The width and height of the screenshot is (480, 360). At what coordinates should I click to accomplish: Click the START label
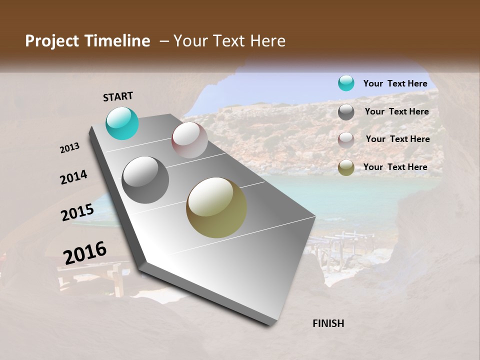[x=118, y=96]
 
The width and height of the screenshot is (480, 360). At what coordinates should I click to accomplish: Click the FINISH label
[x=328, y=323]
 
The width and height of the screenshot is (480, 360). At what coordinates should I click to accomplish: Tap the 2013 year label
[x=69, y=147]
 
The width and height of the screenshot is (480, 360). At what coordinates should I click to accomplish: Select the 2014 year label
[x=73, y=177]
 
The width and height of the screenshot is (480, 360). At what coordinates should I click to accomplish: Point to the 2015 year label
[x=77, y=212]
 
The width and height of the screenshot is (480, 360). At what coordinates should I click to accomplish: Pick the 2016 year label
[x=85, y=253]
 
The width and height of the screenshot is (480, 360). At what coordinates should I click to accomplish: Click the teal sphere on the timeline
[x=122, y=123]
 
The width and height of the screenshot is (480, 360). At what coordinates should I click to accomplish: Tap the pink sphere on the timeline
[x=189, y=139]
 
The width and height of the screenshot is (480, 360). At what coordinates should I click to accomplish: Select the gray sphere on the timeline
[x=145, y=179]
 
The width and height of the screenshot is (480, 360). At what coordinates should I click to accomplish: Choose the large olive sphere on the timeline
[x=216, y=207]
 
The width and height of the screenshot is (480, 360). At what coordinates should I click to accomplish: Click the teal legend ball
[x=346, y=83]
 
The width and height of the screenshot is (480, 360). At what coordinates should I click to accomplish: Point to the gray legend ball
[x=346, y=112]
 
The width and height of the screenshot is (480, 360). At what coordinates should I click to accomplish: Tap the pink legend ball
[x=346, y=140]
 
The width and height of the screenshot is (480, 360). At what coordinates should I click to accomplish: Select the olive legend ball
[x=346, y=168]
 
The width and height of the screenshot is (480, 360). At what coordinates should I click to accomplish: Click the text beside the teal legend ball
[x=395, y=83]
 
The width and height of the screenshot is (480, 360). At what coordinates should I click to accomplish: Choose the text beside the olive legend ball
[x=395, y=167]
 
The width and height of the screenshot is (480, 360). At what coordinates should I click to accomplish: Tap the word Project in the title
[x=51, y=41]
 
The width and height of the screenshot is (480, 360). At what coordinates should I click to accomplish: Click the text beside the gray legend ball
[x=396, y=111]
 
